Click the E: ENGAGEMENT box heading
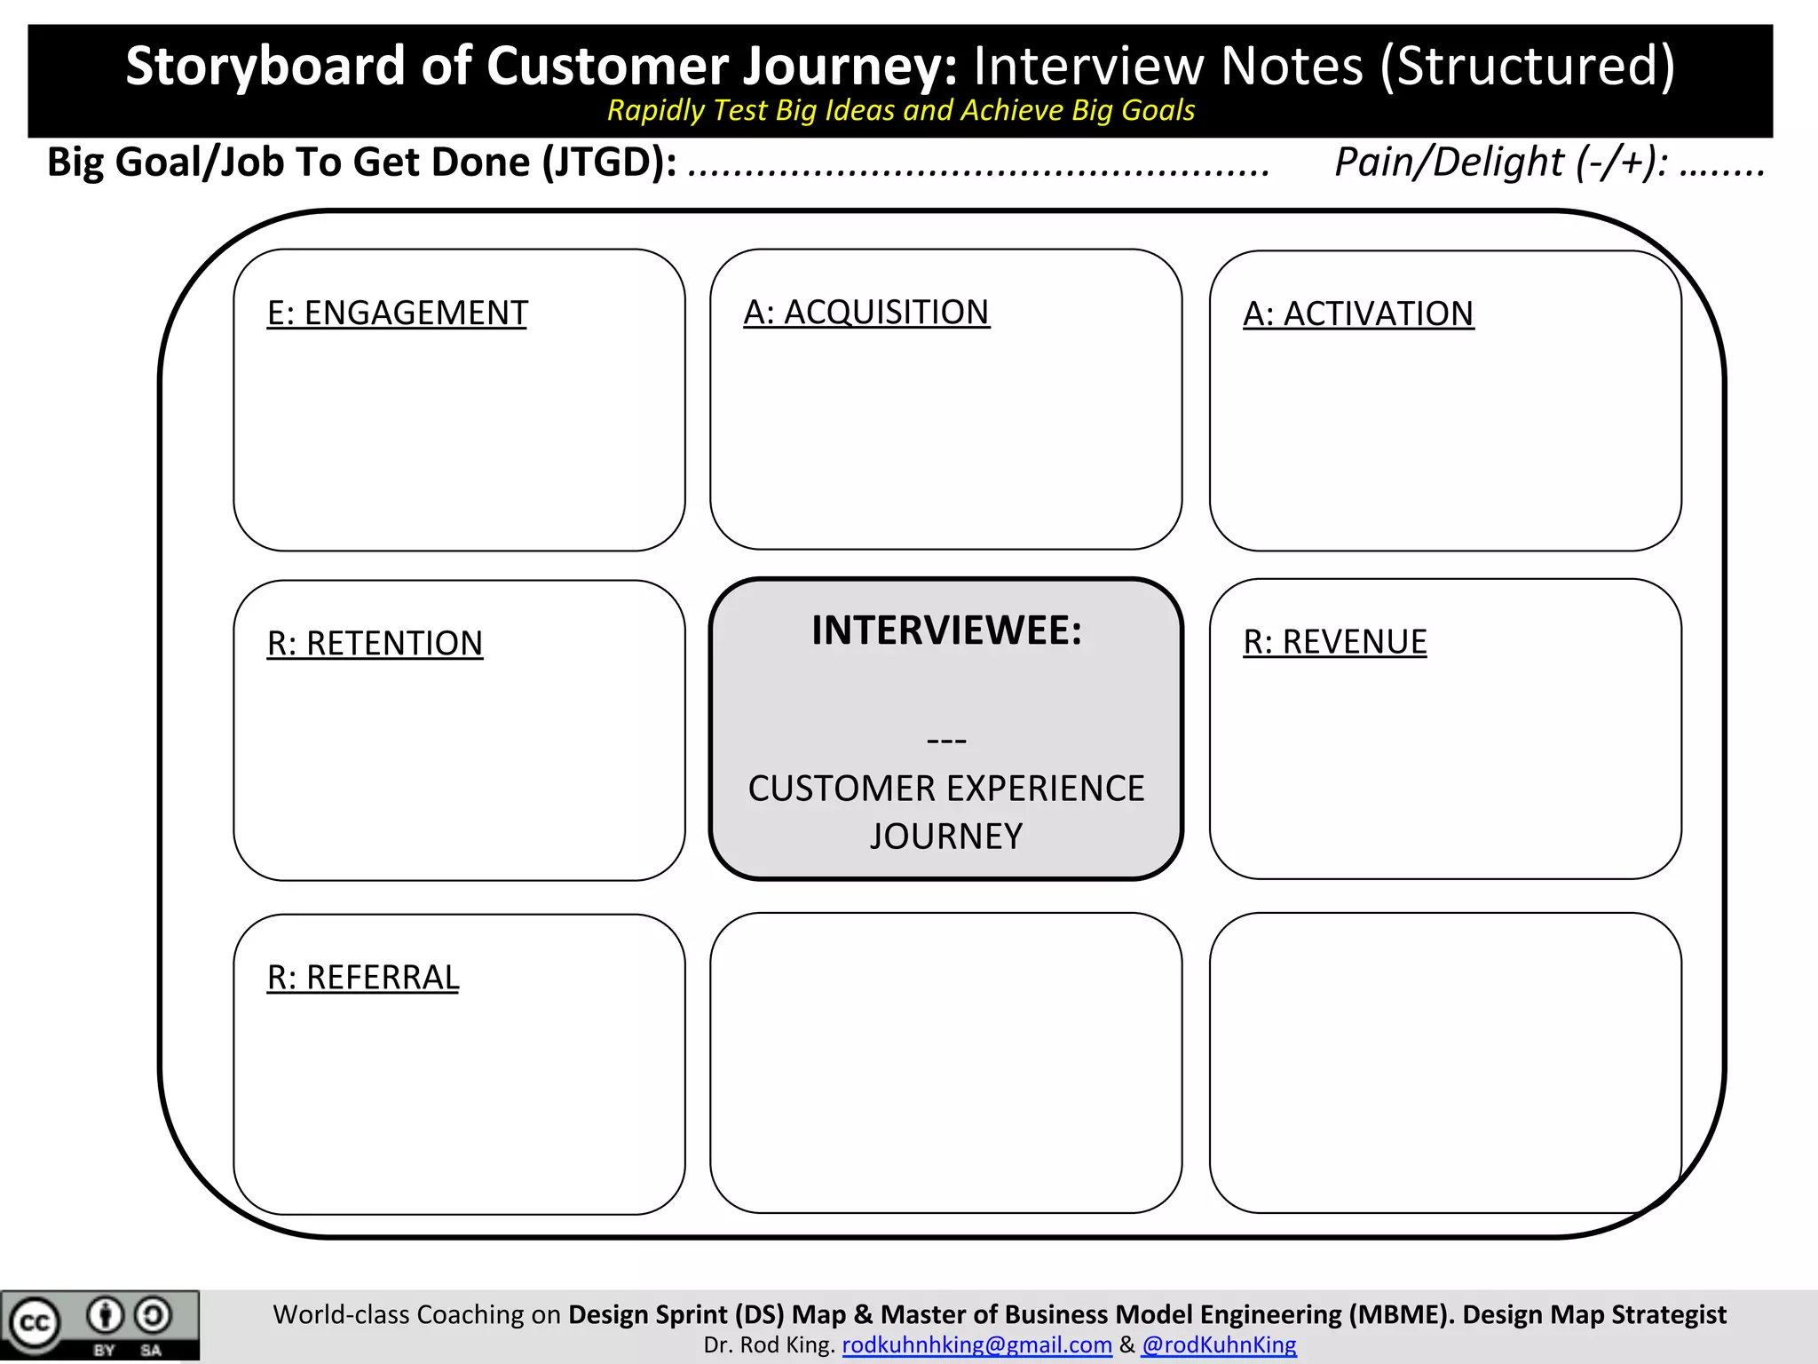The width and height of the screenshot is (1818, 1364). pyautogui.click(x=397, y=313)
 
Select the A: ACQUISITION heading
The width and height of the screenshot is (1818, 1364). pyautogui.click(x=866, y=313)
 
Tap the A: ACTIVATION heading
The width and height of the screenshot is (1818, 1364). pyautogui.click(x=1357, y=314)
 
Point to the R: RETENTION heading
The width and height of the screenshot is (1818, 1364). pyautogui.click(x=375, y=644)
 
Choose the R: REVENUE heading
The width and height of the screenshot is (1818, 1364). pyautogui.click(x=1334, y=642)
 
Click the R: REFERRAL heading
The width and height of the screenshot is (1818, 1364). pyautogui.click(x=362, y=978)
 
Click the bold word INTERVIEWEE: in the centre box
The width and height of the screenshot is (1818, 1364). pyautogui.click(x=946, y=630)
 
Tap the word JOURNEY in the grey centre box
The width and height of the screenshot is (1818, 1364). pyautogui.click(x=946, y=837)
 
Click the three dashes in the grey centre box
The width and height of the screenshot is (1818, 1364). pyautogui.click(x=946, y=740)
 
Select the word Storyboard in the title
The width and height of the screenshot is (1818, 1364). pyautogui.click(x=265, y=66)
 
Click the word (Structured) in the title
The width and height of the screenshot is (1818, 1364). pyautogui.click(x=1527, y=66)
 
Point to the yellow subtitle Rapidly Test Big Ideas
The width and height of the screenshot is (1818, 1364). pyautogui.click(x=900, y=110)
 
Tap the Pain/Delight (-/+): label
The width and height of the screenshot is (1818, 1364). pyautogui.click(x=1500, y=163)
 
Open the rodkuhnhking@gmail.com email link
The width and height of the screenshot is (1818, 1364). pyautogui.click(x=976, y=1345)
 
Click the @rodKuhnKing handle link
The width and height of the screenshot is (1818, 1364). pyautogui.click(x=1219, y=1345)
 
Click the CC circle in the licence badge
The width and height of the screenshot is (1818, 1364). pyautogui.click(x=34, y=1323)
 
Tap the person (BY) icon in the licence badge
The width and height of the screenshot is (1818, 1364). pyautogui.click(x=105, y=1315)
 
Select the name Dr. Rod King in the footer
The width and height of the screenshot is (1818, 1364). pyautogui.click(x=769, y=1345)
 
